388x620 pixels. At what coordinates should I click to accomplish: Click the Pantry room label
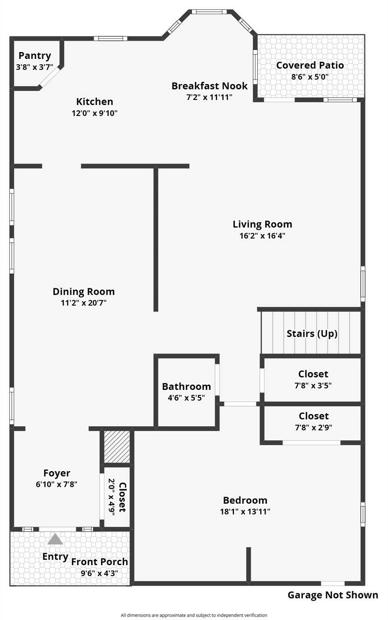tap(35, 56)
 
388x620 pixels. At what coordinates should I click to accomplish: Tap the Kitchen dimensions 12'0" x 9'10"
tap(94, 113)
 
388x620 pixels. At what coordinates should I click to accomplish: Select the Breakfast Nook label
tap(210, 86)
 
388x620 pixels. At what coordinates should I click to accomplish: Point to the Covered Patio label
tap(310, 65)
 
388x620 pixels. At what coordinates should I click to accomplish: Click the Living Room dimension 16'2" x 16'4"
tap(262, 236)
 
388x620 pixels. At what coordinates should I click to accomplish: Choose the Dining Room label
tap(84, 292)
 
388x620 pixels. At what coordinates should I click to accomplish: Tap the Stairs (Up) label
tap(312, 334)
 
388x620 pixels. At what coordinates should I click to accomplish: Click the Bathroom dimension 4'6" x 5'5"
tap(186, 398)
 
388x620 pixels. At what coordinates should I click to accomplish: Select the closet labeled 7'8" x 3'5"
tap(313, 379)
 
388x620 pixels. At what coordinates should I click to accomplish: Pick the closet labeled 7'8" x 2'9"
tap(313, 421)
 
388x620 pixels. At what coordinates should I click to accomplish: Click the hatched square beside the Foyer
tap(117, 447)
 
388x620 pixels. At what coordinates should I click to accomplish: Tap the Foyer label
tap(57, 473)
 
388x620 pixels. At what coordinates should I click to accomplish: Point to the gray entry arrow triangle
tap(55, 539)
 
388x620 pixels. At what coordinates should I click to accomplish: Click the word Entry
tap(55, 557)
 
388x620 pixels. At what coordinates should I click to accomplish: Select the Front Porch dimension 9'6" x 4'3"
tap(99, 573)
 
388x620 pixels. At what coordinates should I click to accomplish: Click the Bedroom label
tap(245, 501)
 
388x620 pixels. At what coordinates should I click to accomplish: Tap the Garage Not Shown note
tap(333, 595)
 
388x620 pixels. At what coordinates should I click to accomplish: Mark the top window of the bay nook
tap(209, 12)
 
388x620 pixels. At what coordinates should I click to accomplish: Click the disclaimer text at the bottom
tap(194, 615)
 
